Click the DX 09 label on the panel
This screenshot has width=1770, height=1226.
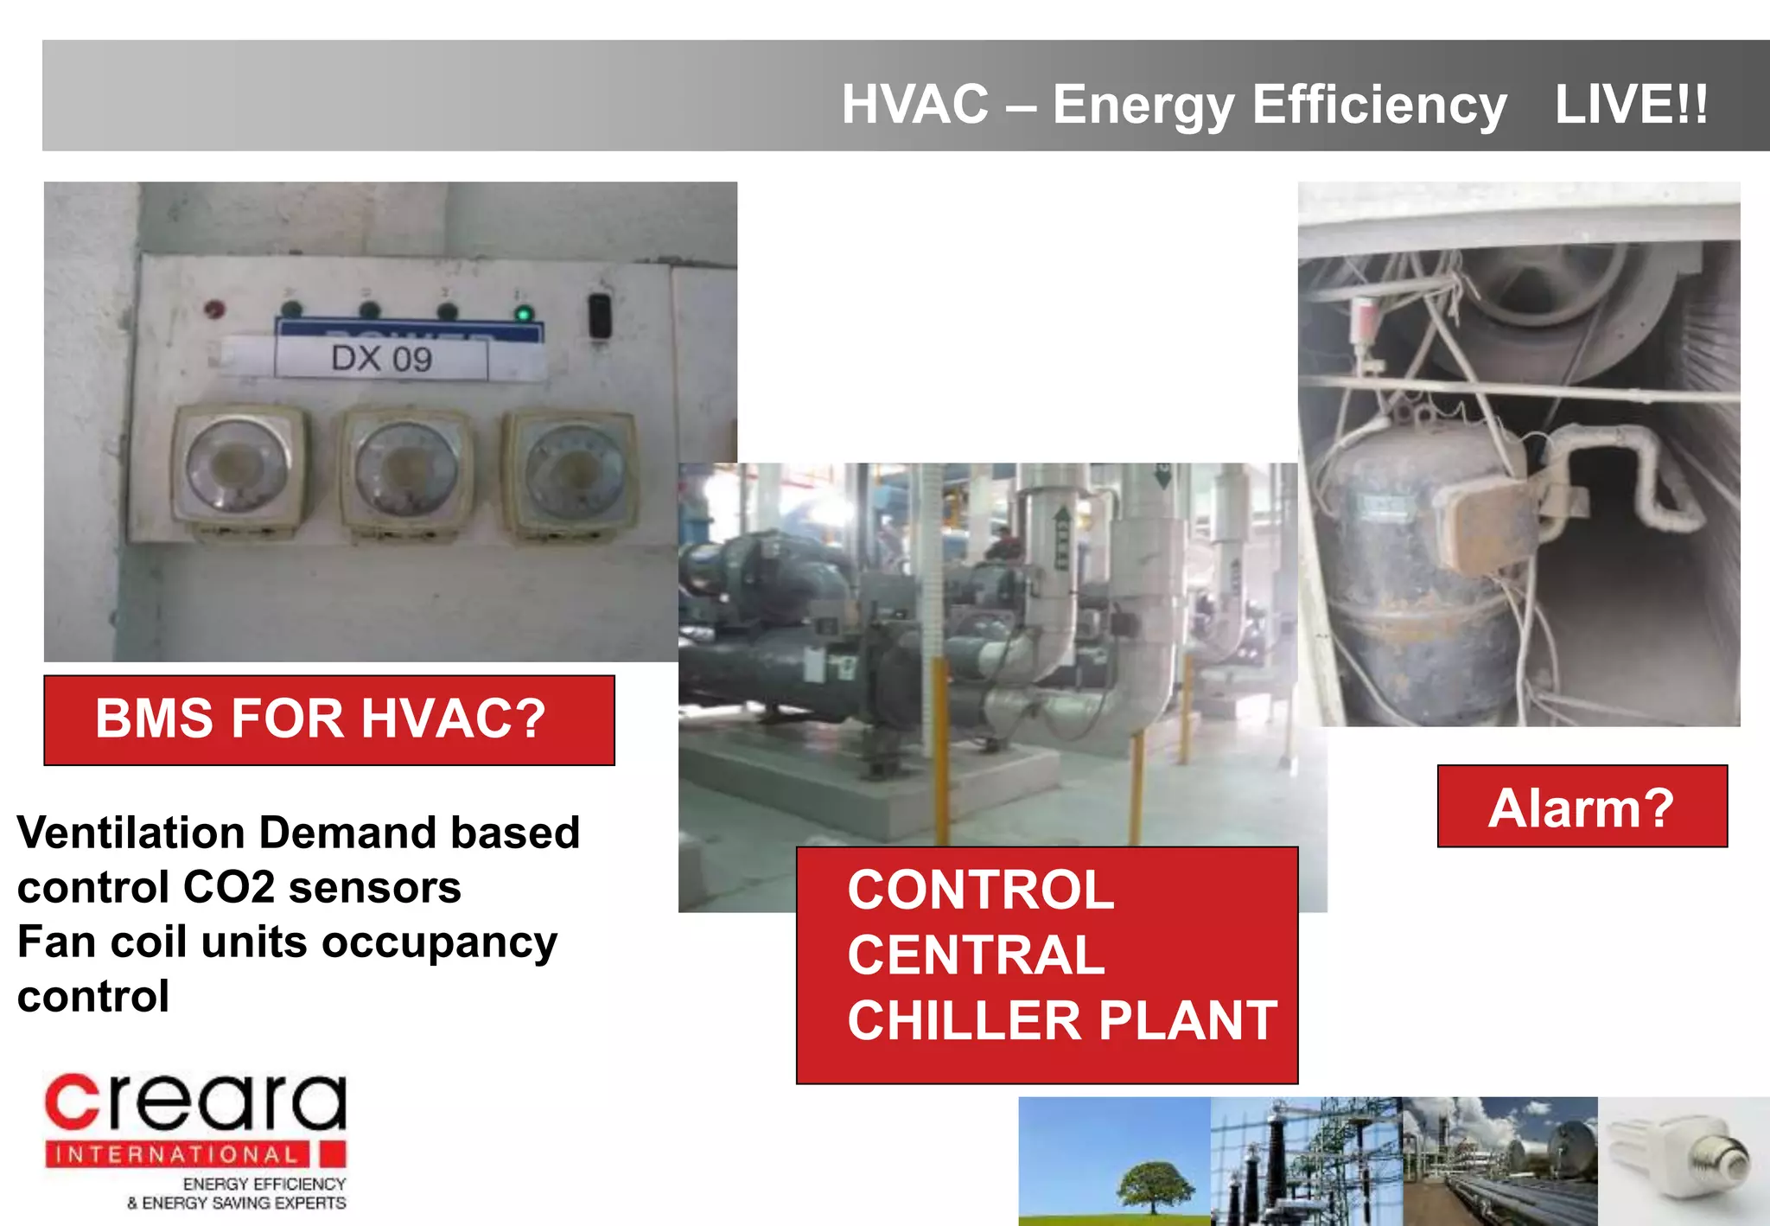point(381,358)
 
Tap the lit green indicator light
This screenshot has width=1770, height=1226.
point(523,313)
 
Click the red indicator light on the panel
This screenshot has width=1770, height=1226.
point(213,309)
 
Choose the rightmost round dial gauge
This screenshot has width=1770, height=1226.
point(570,474)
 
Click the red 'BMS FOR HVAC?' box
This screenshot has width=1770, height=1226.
point(328,719)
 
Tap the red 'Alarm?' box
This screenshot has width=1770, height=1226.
point(1582,807)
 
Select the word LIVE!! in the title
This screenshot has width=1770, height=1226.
point(1631,105)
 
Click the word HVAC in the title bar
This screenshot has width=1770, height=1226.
point(915,105)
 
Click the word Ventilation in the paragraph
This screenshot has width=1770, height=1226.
point(131,833)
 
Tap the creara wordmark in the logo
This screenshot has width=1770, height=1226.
point(195,1102)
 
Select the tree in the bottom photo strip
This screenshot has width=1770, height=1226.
point(1156,1184)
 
